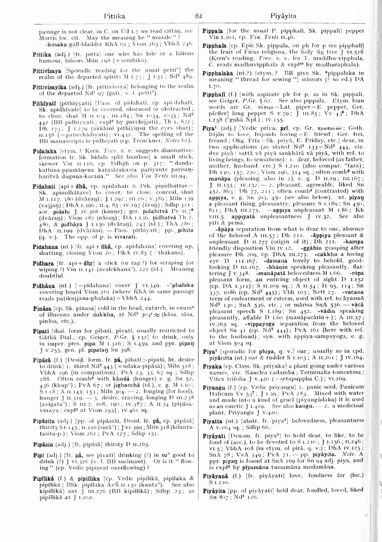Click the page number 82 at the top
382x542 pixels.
click(x=199, y=16)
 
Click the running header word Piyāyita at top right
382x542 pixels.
click(x=283, y=16)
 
